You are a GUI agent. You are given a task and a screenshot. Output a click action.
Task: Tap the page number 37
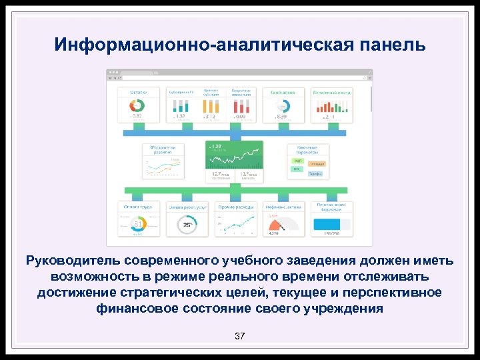(239, 336)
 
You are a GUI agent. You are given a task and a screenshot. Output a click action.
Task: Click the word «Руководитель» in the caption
(73, 259)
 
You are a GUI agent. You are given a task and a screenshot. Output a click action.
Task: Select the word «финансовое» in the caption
(133, 309)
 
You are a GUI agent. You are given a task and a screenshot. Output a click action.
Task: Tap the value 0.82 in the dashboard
(135, 117)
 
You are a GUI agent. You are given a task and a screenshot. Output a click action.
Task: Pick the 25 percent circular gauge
(187, 225)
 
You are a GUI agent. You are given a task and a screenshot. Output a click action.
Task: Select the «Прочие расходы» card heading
(234, 207)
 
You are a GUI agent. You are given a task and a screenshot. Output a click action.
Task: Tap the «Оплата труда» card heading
(139, 207)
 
